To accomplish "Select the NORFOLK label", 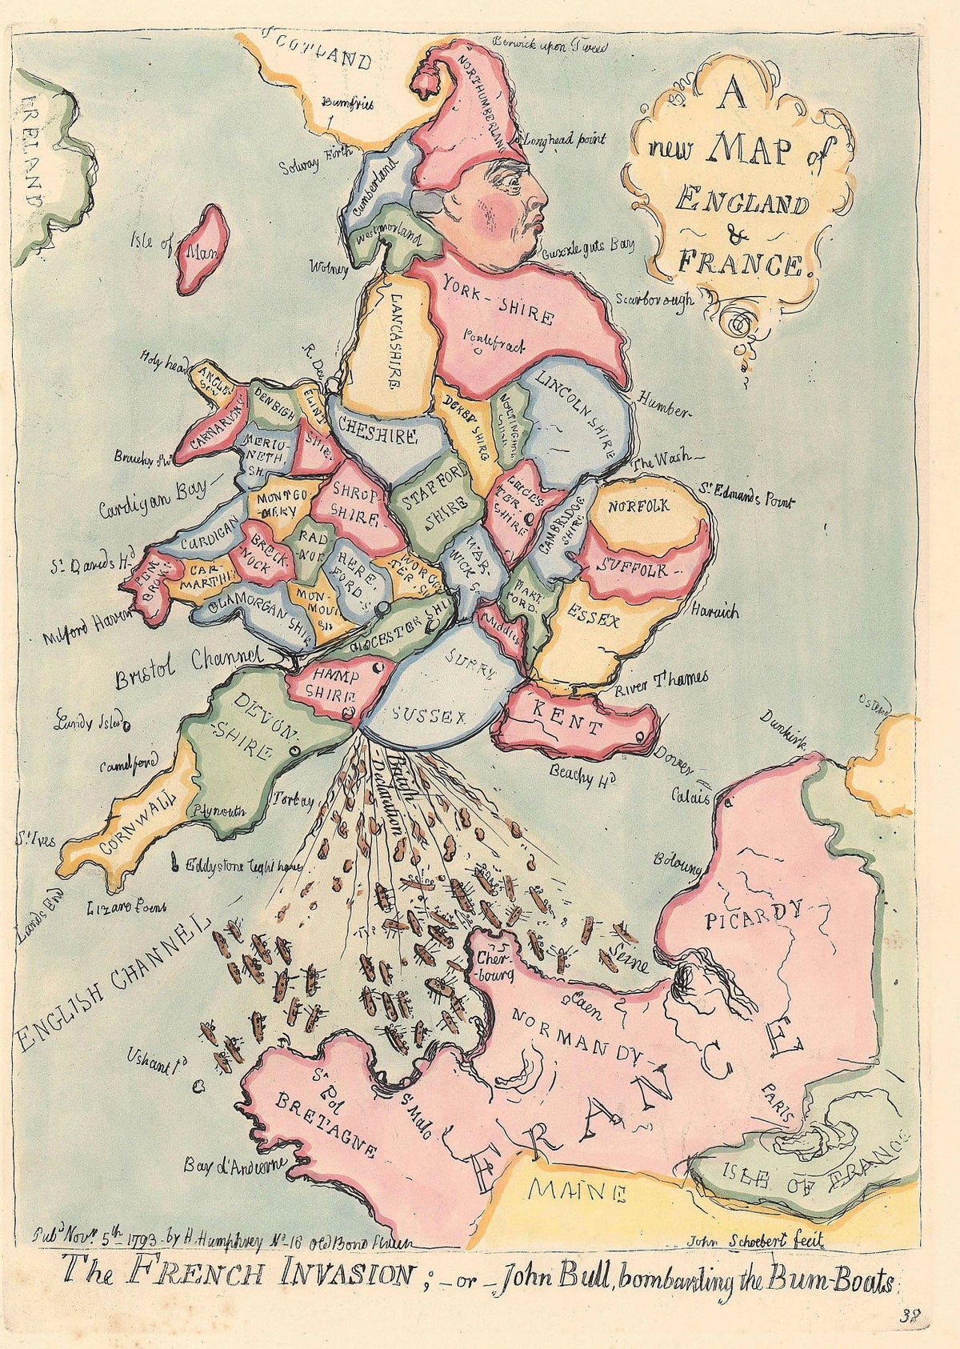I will [638, 507].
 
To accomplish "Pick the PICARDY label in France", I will [754, 914].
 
